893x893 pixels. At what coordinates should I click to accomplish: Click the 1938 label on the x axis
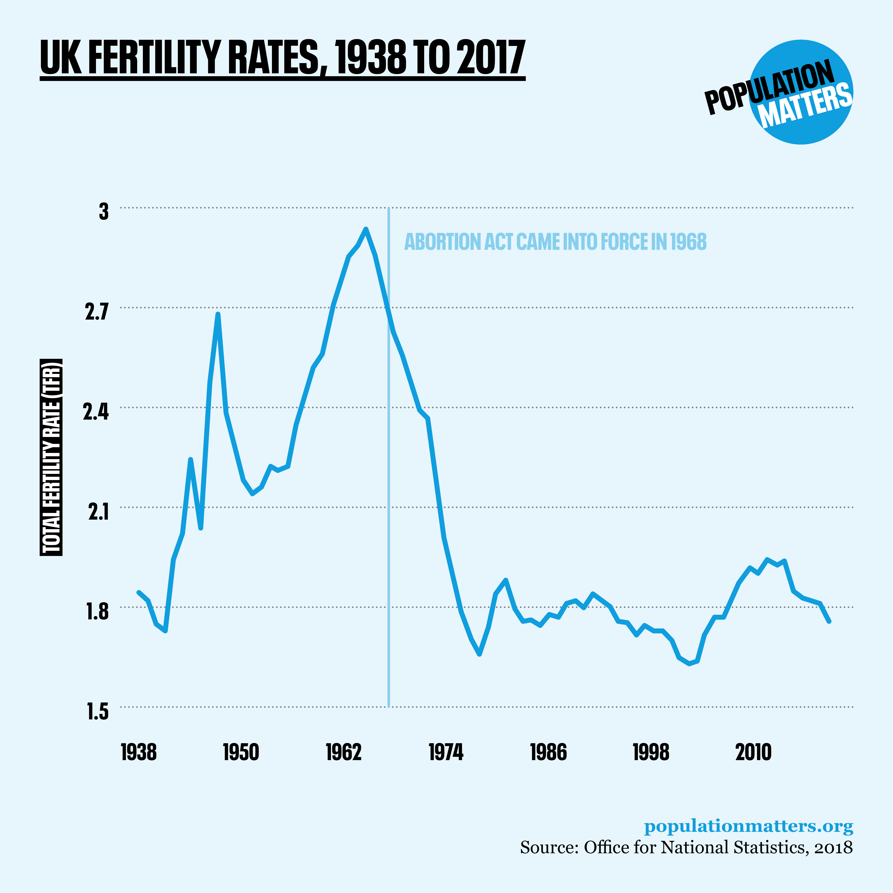139,752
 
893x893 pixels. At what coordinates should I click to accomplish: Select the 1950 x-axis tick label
241,752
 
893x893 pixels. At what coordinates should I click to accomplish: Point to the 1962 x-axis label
343,752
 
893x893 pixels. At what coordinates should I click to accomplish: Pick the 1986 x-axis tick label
548,752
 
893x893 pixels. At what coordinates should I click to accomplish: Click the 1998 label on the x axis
651,752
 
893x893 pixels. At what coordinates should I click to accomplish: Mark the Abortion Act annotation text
555,242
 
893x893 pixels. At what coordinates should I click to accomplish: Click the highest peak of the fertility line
366,229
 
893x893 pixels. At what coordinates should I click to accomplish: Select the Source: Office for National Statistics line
686,847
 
